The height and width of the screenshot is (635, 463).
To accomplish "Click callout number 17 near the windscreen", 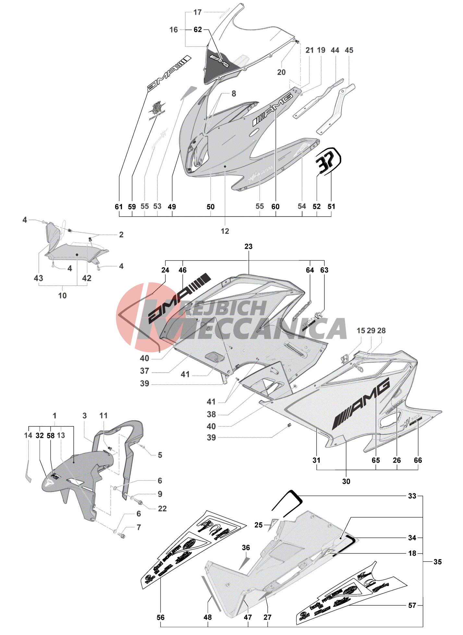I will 197,12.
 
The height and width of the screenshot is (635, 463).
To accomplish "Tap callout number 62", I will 198,30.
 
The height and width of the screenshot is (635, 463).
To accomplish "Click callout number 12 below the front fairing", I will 225,231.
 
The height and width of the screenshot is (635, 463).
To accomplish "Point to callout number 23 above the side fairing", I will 249,247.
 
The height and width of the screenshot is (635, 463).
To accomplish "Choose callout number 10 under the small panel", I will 62,296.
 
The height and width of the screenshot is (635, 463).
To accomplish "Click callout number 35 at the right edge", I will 437,562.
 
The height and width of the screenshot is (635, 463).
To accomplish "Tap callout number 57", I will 412,605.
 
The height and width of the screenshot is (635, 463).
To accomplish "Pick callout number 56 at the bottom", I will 161,617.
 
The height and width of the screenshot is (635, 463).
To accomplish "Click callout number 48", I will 208,617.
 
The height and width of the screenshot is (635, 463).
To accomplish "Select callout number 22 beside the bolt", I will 162,509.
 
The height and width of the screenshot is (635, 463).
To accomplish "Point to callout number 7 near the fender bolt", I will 139,527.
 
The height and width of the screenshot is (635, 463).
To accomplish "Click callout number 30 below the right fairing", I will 346,481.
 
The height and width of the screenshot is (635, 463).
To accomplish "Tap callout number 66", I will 418,460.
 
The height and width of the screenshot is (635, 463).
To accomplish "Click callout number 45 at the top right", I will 349,50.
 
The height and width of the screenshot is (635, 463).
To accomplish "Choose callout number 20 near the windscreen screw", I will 281,72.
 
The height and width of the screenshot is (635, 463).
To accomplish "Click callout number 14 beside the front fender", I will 28,435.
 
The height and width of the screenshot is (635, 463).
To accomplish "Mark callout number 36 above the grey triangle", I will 246,548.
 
